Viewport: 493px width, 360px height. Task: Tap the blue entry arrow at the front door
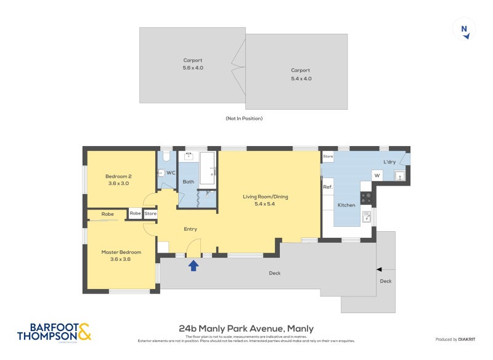pos(194,266)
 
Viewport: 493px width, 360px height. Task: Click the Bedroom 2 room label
pos(119,179)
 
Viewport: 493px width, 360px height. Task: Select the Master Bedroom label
pos(121,255)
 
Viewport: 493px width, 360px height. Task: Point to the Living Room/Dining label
pos(265,200)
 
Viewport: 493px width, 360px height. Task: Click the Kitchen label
pos(346,205)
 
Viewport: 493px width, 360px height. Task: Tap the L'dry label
pos(389,162)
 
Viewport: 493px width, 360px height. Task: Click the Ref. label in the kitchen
pos(328,187)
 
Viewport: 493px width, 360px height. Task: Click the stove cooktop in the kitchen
pos(366,198)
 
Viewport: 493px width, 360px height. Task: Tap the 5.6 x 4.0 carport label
pos(193,64)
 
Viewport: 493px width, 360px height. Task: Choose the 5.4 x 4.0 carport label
pos(301,75)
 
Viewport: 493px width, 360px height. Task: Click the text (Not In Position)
pos(244,118)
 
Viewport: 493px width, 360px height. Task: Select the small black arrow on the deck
pos(379,269)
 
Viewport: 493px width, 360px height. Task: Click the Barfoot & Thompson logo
pos(54,332)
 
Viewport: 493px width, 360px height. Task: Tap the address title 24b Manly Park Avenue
pos(246,329)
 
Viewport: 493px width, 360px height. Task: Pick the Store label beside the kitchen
pos(328,157)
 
